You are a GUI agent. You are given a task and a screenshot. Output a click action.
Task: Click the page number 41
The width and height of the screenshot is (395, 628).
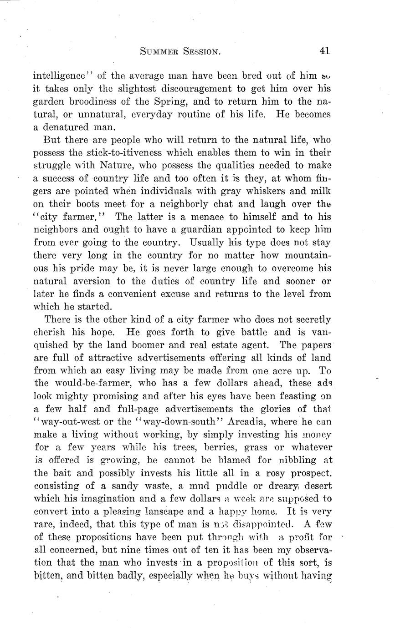coord(324,51)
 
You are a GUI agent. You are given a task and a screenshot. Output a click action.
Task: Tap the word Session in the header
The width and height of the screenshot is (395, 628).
coord(202,52)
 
